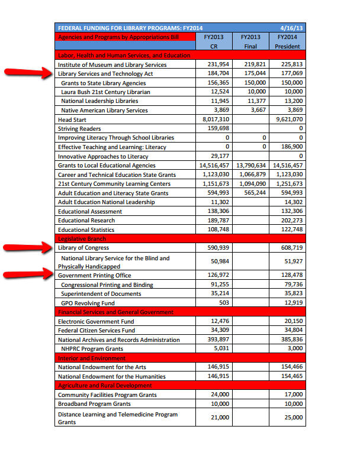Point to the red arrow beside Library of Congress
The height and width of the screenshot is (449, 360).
pos(27,248)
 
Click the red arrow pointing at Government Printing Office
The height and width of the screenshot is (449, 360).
pos(27,274)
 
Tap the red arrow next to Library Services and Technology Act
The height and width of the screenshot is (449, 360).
pos(27,73)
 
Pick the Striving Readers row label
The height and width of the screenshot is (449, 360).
pos(79,128)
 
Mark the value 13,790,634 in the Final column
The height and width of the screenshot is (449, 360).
pos(251,165)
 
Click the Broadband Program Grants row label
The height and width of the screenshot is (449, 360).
pos(94,403)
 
